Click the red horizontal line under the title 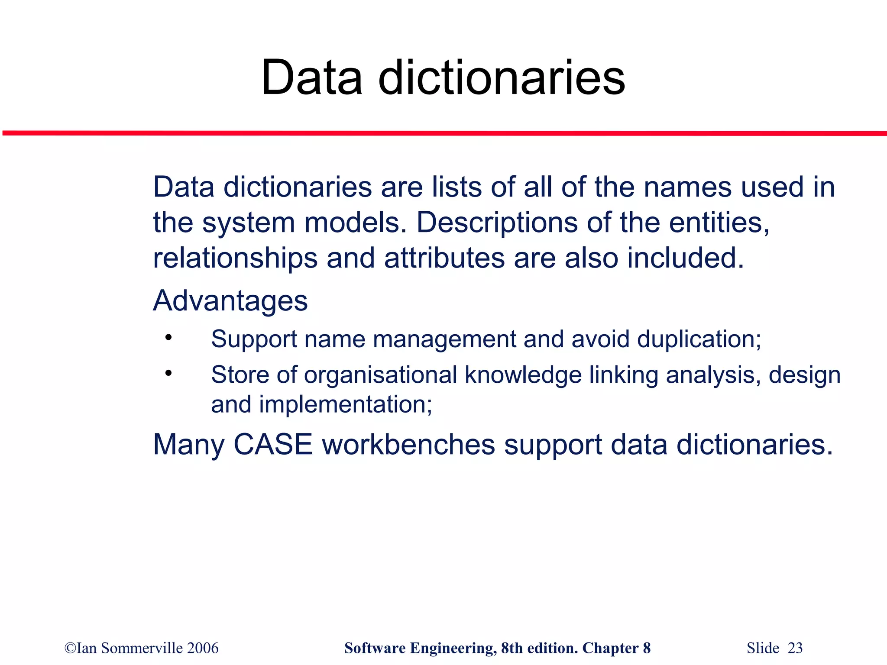pos(443,133)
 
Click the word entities pos(719,223)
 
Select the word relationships pos(235,258)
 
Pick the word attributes pos(444,258)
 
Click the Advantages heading pos(230,301)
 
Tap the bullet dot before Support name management pos(168,337)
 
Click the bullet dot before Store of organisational pos(168,373)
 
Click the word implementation pos(345,405)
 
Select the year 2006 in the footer pos(203,648)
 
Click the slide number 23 pos(795,648)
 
